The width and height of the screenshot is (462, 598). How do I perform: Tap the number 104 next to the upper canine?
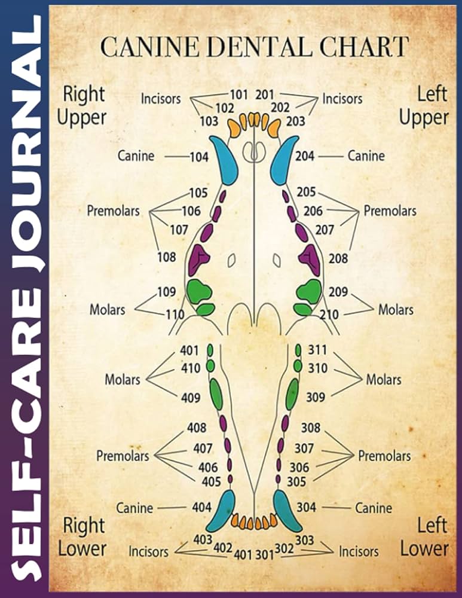pos(198,157)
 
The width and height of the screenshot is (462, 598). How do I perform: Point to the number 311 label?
pos(317,350)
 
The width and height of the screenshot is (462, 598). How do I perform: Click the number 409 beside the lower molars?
pos(190,397)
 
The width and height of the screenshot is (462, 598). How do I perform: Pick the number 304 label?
pos(306,507)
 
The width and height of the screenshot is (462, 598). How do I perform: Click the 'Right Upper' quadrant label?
pos(82,105)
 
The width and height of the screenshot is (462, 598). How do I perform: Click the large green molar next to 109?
pos(199,291)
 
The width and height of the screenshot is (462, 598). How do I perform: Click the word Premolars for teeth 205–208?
pos(390,211)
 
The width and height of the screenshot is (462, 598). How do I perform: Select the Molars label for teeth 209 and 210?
pos(396,310)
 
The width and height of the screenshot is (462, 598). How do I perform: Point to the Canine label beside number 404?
pos(134,508)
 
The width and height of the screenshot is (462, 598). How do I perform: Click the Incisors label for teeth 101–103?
pos(161,99)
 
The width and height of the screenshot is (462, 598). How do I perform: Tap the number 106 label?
pos(191,210)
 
